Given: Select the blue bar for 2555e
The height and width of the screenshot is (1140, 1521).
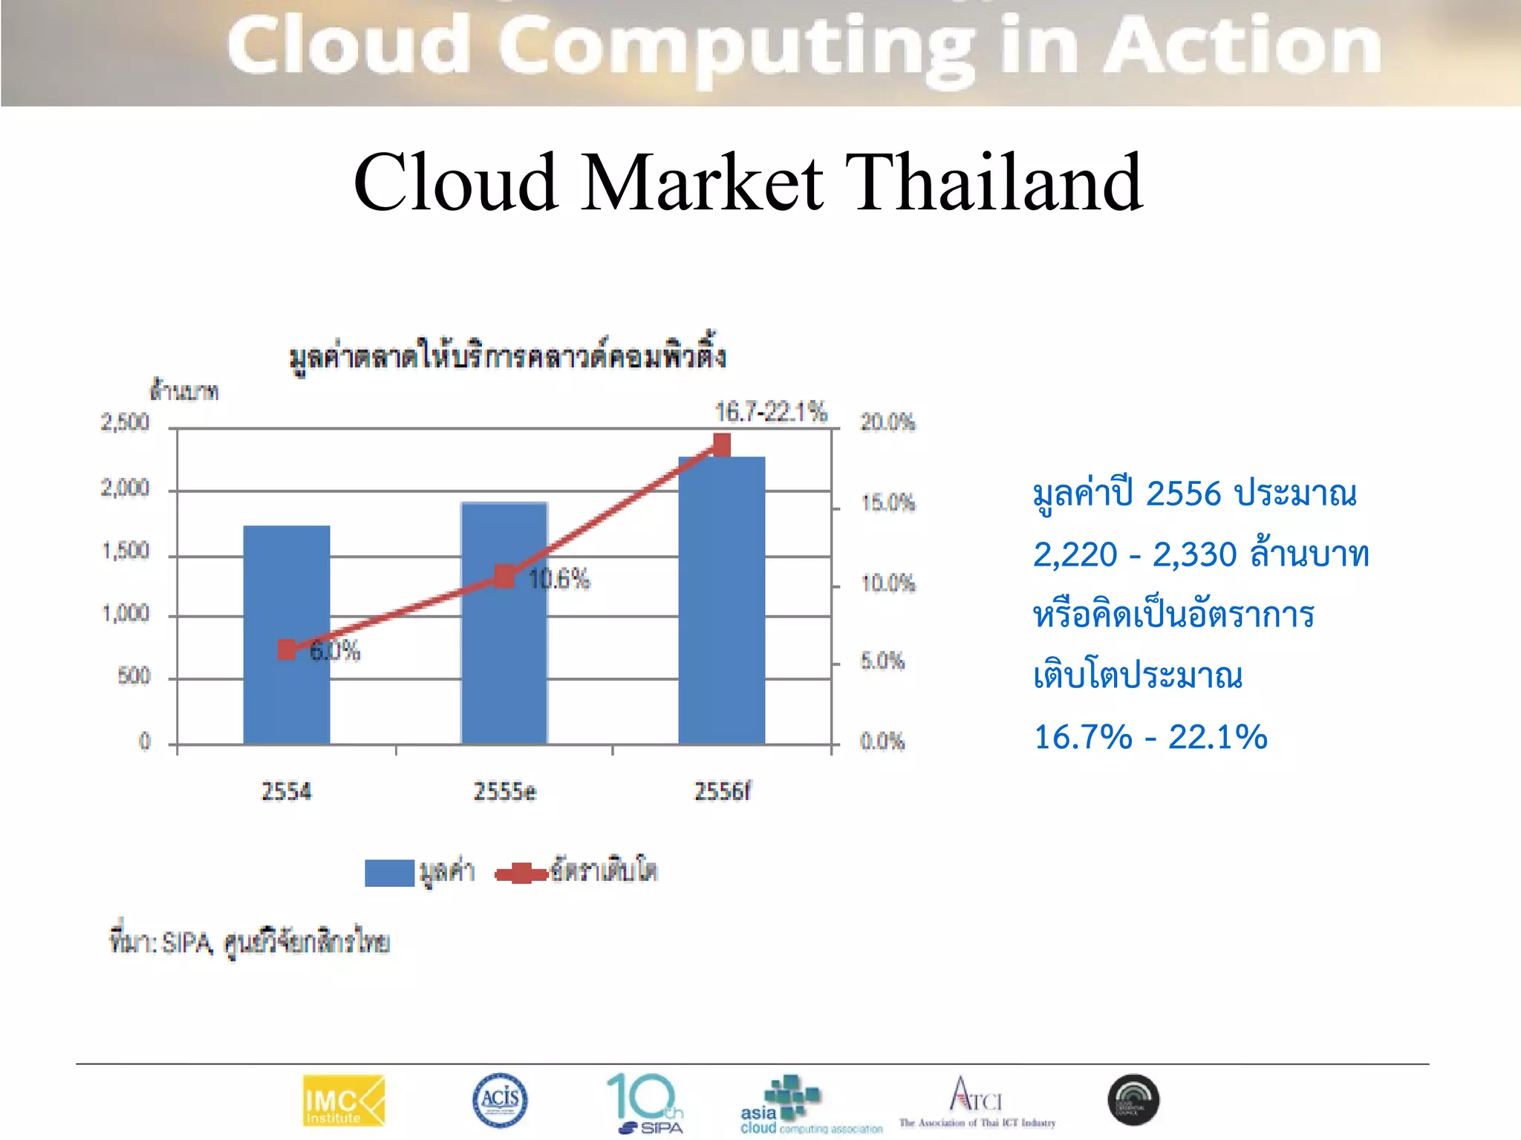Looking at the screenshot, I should tap(504, 668).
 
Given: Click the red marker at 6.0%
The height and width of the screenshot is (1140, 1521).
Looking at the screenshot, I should tap(287, 650).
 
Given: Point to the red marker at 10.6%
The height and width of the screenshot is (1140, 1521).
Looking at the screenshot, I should tap(504, 577).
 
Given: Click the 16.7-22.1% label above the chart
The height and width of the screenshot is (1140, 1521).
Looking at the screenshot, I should tap(770, 411).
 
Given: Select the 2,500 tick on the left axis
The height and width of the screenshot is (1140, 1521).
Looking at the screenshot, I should tap(125, 423).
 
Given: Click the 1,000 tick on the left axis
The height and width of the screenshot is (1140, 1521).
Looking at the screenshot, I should tap(126, 614).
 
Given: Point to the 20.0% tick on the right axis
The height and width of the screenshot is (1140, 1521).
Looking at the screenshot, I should tap(887, 422).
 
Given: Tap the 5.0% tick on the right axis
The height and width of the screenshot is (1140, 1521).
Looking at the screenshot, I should tap(882, 661).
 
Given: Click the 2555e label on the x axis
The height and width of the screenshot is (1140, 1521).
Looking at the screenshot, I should tap(505, 791).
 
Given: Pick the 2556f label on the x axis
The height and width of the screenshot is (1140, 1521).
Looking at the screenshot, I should tap(722, 791).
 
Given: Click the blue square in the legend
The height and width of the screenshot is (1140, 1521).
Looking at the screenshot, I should tap(389, 873).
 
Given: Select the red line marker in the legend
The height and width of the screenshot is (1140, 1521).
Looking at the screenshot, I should tap(521, 874).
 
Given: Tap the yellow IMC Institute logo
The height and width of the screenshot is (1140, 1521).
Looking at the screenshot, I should tap(344, 1101).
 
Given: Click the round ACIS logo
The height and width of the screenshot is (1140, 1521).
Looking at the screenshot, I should tap(500, 1100).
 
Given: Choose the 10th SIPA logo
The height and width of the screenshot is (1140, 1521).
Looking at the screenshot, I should tap(645, 1103).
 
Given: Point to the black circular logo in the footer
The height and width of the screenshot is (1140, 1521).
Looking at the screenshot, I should tap(1133, 1100).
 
